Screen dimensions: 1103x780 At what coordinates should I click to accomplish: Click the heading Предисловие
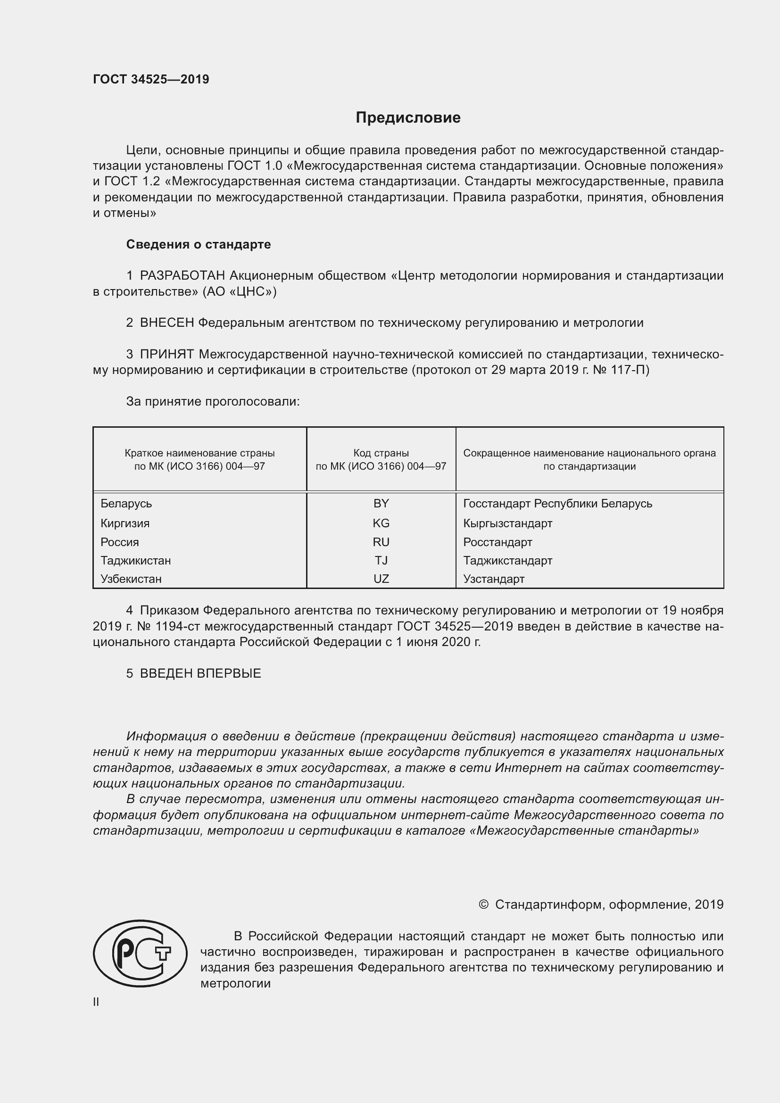(x=408, y=118)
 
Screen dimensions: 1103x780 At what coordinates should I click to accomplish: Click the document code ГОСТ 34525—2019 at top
(x=151, y=79)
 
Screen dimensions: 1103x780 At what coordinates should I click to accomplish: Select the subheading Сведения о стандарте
(x=199, y=245)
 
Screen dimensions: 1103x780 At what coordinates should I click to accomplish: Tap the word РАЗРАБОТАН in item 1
(x=182, y=276)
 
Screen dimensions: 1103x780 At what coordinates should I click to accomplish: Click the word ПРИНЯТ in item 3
(x=166, y=355)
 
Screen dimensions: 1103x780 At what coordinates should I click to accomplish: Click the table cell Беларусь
(x=126, y=504)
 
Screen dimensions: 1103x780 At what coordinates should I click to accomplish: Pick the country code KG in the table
(x=381, y=523)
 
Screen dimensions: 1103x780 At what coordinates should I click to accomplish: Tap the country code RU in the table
(x=381, y=542)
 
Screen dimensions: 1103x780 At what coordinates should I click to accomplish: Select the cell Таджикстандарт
(x=508, y=561)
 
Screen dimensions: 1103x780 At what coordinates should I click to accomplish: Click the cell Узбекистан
(x=131, y=579)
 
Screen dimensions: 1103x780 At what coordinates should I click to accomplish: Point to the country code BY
(x=381, y=504)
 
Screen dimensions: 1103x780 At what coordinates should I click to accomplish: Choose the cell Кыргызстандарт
(x=508, y=523)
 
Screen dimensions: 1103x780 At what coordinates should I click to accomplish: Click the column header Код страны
(x=381, y=453)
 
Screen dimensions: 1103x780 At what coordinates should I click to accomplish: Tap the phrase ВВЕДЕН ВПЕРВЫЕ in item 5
(x=200, y=673)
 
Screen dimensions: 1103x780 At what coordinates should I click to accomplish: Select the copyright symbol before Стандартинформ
(x=483, y=904)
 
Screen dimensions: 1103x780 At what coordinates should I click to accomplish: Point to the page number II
(x=96, y=1002)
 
